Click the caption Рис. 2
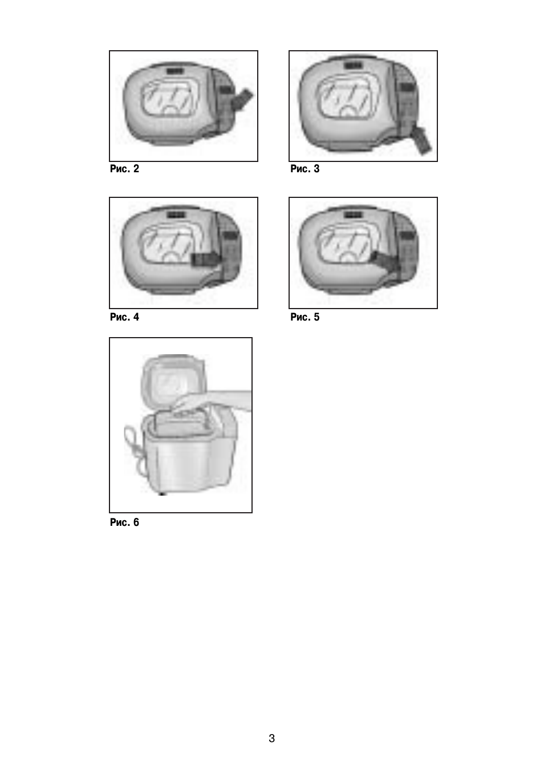pyautogui.click(x=124, y=169)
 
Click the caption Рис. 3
pyautogui.click(x=305, y=169)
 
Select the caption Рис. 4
pyautogui.click(x=124, y=317)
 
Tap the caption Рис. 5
pyautogui.click(x=305, y=317)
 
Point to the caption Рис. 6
pyautogui.click(x=124, y=522)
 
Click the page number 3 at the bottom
pyautogui.click(x=271, y=739)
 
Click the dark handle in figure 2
pyautogui.click(x=242, y=99)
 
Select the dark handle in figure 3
pyautogui.click(x=421, y=140)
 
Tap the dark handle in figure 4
pyautogui.click(x=204, y=259)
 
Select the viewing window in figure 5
pyautogui.click(x=347, y=245)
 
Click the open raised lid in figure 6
pyautogui.click(x=173, y=381)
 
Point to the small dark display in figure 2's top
pyautogui.click(x=176, y=72)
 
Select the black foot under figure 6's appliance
pyautogui.click(x=161, y=494)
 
